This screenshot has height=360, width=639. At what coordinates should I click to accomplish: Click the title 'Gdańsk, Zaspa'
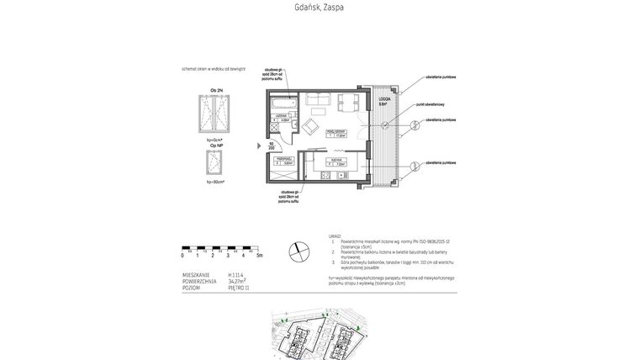click(319, 8)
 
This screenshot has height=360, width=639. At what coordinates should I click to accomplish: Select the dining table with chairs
click(348, 103)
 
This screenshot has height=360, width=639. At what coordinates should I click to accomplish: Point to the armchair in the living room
click(309, 126)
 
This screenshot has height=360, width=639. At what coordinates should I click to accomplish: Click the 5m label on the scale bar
click(259, 255)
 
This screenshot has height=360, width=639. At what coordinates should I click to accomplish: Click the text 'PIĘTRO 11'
click(239, 288)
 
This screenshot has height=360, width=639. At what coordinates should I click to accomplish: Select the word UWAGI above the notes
click(335, 236)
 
